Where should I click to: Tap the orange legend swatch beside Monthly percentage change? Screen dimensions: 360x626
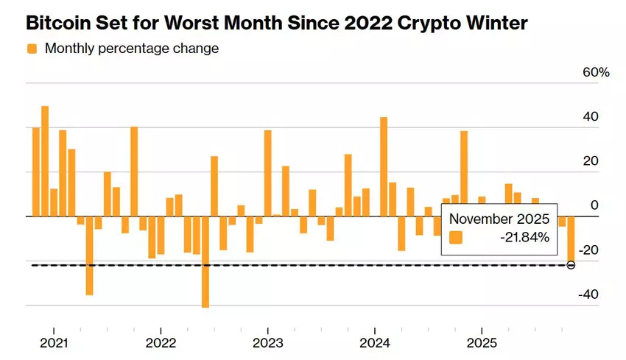pyautogui.click(x=32, y=49)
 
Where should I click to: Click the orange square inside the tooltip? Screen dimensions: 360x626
pyautogui.click(x=456, y=238)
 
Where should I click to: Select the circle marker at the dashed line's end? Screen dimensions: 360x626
pyautogui.click(x=571, y=264)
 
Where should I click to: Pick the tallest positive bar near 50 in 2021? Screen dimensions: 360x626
pyautogui.click(x=45, y=161)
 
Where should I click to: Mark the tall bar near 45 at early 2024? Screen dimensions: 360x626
pyautogui.click(x=384, y=166)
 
